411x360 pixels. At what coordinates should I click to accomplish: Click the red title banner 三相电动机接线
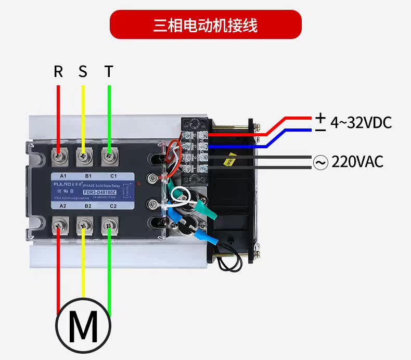[x=205, y=24]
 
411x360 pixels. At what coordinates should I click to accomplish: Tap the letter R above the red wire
[x=58, y=72]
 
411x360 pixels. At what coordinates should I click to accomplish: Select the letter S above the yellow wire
[x=83, y=72]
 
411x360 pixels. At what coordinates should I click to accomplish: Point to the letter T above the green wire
[x=108, y=72]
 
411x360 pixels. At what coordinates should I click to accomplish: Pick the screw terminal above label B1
[x=83, y=154]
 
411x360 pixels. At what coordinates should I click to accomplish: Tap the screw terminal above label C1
[x=109, y=154]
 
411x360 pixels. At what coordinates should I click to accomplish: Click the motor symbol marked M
[x=83, y=326]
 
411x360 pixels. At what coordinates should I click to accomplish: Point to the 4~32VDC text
[x=361, y=123]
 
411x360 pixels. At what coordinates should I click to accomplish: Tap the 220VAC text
[x=357, y=162]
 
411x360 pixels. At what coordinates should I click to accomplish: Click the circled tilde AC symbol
[x=320, y=162]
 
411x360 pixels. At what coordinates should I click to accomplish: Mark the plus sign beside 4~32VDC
[x=320, y=117]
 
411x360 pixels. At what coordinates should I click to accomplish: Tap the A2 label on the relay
[x=62, y=206]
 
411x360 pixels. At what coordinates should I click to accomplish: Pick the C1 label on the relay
[x=113, y=175]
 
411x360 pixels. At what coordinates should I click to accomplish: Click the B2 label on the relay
[x=88, y=206]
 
